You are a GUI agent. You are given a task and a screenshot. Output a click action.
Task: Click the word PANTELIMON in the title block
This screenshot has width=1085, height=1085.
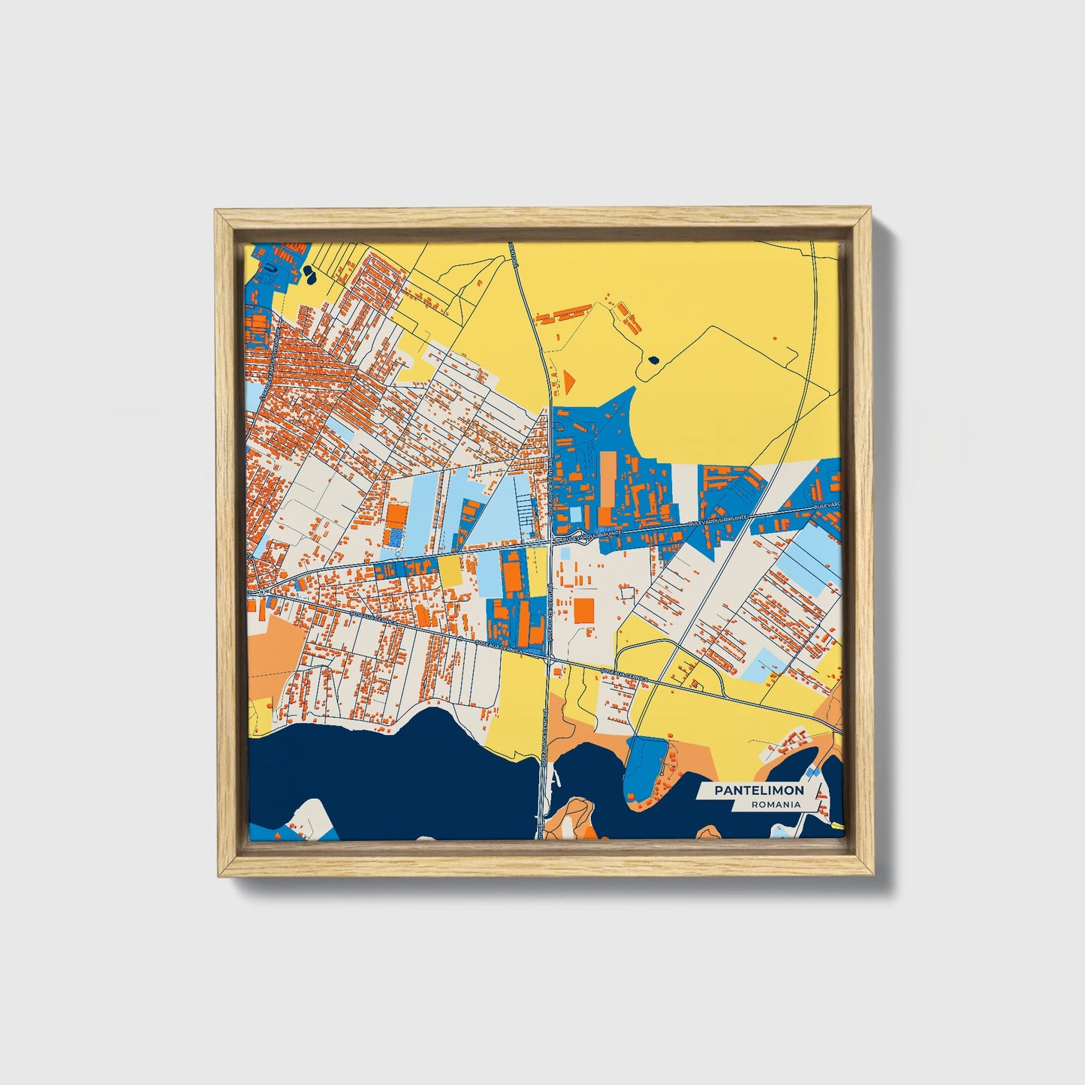758,790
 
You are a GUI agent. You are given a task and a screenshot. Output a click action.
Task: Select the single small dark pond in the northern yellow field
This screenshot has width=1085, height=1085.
653,360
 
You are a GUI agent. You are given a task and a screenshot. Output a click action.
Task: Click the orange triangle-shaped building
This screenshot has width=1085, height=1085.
568,381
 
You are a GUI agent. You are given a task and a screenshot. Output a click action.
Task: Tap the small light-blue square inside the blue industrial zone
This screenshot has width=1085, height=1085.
575,514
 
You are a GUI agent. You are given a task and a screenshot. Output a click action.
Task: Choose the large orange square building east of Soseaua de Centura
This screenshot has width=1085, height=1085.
584,610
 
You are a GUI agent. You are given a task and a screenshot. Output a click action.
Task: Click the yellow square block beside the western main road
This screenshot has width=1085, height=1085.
450,571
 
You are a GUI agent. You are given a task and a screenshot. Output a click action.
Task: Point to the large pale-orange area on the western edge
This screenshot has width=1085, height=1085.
274,644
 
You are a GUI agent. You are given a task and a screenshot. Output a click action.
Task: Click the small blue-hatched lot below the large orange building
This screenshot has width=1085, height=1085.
393,538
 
